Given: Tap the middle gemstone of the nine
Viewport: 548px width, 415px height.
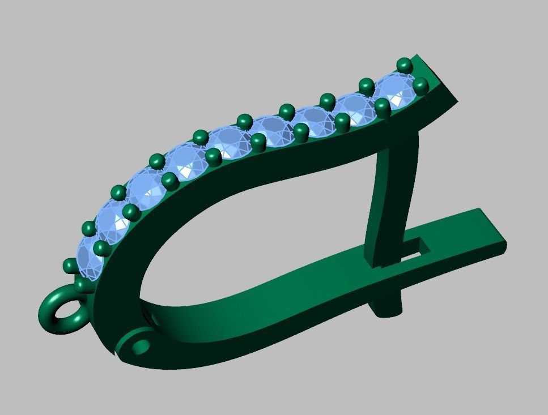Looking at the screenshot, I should click(231, 142).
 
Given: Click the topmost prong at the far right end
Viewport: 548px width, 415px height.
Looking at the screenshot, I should click(404, 64).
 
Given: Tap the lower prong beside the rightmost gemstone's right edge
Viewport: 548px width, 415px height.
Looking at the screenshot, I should click(420, 86).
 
